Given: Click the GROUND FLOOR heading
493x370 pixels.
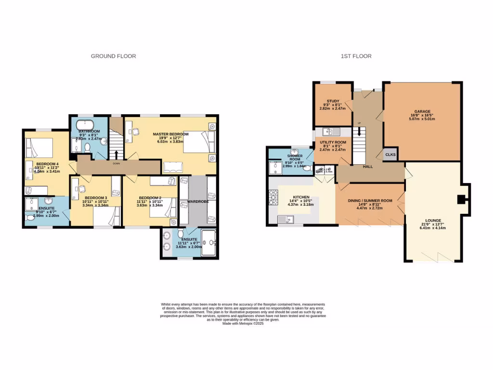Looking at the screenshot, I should tap(114, 56).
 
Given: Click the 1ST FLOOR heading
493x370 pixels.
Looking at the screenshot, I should tap(356, 56).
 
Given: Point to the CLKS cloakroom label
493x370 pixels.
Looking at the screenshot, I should tap(390, 155).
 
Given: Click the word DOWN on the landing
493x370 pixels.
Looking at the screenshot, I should tap(116, 163).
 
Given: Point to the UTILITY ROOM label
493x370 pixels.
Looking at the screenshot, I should tap(333, 143).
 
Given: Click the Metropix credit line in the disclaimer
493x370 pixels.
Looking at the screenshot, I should tap(243, 324).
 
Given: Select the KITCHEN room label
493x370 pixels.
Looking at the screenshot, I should tap(301, 197).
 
